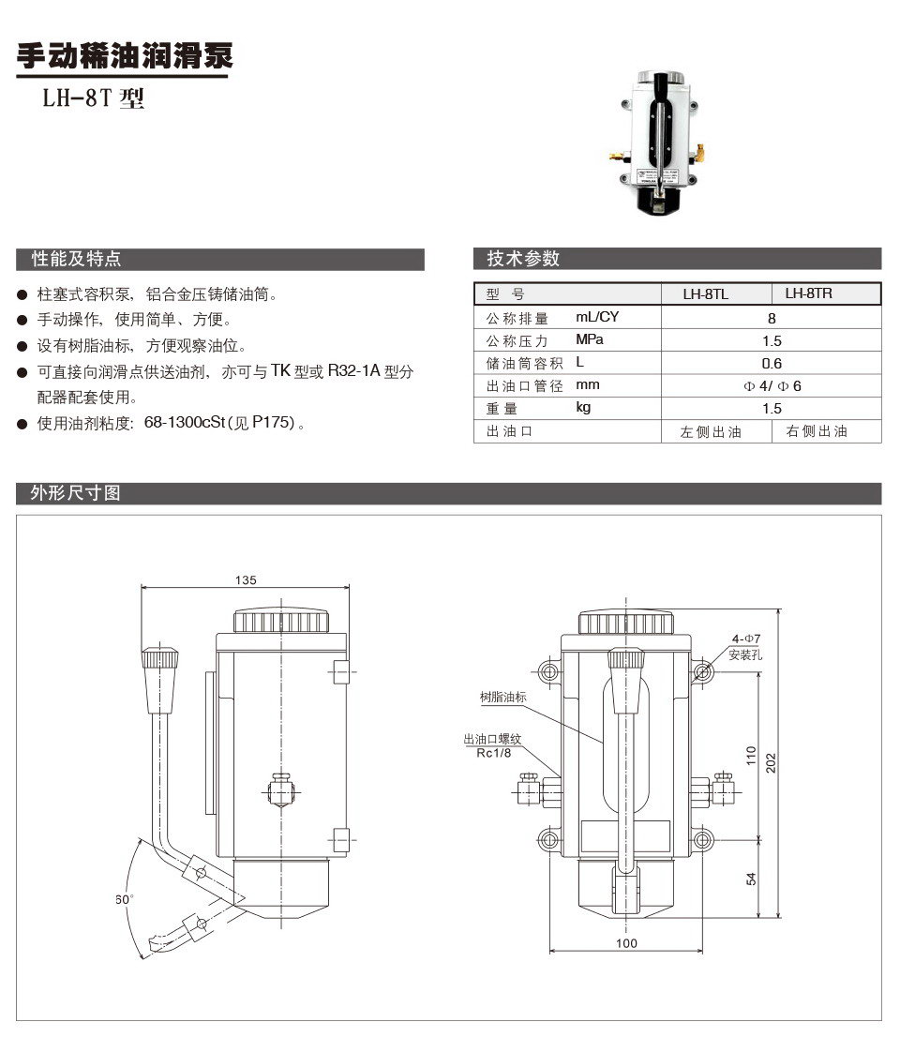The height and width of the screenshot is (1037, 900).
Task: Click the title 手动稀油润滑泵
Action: click(x=123, y=57)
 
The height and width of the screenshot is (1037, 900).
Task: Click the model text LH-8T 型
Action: click(x=92, y=99)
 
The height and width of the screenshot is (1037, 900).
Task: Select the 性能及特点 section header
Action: click(x=77, y=259)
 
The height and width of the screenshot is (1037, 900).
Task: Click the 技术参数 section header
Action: click(x=523, y=259)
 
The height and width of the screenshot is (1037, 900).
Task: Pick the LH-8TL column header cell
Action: click(x=706, y=294)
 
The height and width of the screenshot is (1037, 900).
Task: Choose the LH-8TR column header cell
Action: click(x=809, y=293)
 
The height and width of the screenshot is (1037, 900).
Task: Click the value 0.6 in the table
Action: click(x=772, y=364)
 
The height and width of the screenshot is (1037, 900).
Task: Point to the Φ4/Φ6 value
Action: click(x=772, y=386)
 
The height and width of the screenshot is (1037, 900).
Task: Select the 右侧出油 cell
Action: click(x=816, y=431)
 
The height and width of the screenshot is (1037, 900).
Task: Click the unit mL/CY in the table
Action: click(x=597, y=318)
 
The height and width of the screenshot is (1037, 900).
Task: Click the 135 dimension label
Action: click(x=246, y=580)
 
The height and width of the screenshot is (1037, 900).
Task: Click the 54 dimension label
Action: click(x=751, y=878)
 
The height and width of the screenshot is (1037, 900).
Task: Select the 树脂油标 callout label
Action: click(x=503, y=698)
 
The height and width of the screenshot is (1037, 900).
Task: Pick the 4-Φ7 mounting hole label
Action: click(x=747, y=639)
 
